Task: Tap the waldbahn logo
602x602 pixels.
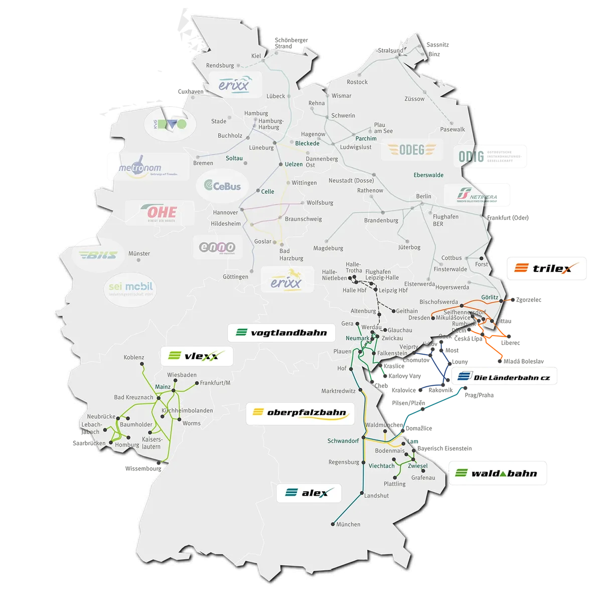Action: [497, 473]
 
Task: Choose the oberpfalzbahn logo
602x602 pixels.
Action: [300, 413]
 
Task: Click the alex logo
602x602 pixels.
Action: [308, 493]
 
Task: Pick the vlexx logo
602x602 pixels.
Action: [197, 356]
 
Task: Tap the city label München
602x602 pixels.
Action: [348, 524]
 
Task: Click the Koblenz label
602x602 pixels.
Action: [134, 358]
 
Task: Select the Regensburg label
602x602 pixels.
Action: [344, 462]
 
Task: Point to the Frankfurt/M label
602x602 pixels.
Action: [215, 383]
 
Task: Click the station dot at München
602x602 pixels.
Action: [332, 524]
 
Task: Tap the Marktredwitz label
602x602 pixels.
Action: [338, 391]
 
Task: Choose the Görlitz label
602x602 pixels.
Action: [489, 297]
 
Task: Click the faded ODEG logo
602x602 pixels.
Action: [412, 150]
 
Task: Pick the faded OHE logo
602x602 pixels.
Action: [159, 213]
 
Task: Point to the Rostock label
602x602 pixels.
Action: [357, 82]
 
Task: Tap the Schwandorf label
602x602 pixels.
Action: [343, 441]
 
